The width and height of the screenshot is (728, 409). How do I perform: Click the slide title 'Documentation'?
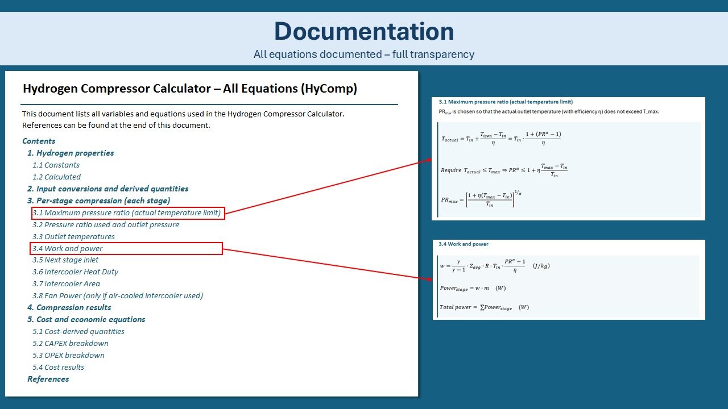pyautogui.click(x=363, y=31)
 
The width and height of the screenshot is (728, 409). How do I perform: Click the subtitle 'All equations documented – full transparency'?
pyautogui.click(x=363, y=55)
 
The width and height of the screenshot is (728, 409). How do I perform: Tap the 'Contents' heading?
pyautogui.click(x=39, y=141)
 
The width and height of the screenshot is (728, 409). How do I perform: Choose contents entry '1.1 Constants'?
pyautogui.click(x=56, y=165)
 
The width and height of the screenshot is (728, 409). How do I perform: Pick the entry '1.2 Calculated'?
pyautogui.click(x=56, y=177)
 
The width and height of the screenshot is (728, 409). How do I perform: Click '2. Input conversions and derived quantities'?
pyautogui.click(x=107, y=189)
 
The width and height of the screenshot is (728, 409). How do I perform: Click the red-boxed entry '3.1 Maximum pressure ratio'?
pyautogui.click(x=127, y=213)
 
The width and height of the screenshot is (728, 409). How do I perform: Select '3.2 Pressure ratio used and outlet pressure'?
pyautogui.click(x=105, y=224)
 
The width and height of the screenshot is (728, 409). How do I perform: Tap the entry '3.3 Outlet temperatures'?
pyautogui.click(x=73, y=236)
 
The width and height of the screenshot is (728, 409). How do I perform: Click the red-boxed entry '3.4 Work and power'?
pyautogui.click(x=68, y=248)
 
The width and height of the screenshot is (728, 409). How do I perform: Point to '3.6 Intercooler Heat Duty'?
pyautogui.click(x=75, y=272)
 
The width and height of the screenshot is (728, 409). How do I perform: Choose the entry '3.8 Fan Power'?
pyautogui.click(x=117, y=295)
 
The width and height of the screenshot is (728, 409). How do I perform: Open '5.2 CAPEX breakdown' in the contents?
pyautogui.click(x=70, y=343)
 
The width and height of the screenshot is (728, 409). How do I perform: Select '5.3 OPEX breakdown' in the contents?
pyautogui.click(x=68, y=355)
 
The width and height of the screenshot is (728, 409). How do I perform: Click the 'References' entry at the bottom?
pyautogui.click(x=48, y=379)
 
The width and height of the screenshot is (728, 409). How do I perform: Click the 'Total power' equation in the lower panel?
pyautogui.click(x=483, y=307)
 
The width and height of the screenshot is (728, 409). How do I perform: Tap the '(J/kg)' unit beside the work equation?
pyautogui.click(x=541, y=266)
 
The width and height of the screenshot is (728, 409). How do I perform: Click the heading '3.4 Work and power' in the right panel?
pyautogui.click(x=463, y=244)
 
